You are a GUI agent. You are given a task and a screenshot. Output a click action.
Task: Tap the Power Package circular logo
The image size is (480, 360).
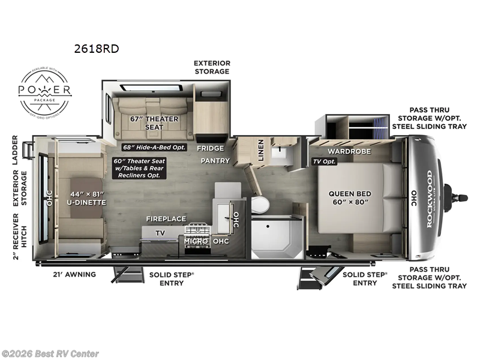[46, 91]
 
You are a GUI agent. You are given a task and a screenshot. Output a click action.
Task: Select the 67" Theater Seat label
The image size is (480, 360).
[154, 122]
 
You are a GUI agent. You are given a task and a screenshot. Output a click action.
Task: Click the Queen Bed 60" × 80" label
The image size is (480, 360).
[350, 198]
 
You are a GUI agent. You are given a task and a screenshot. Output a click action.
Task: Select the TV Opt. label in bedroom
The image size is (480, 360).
[325, 162]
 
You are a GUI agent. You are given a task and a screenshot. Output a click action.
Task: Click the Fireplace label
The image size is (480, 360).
[166, 219]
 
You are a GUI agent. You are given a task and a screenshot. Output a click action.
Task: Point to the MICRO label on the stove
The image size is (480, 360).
[196, 241]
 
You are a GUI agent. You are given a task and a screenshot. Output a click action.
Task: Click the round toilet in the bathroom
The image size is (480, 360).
[260, 205]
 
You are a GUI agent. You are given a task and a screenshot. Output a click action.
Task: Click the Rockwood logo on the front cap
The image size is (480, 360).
[429, 198]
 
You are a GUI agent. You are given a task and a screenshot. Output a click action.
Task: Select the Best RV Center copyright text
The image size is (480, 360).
[50, 354]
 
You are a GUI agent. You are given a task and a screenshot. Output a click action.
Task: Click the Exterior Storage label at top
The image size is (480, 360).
[211, 67]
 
